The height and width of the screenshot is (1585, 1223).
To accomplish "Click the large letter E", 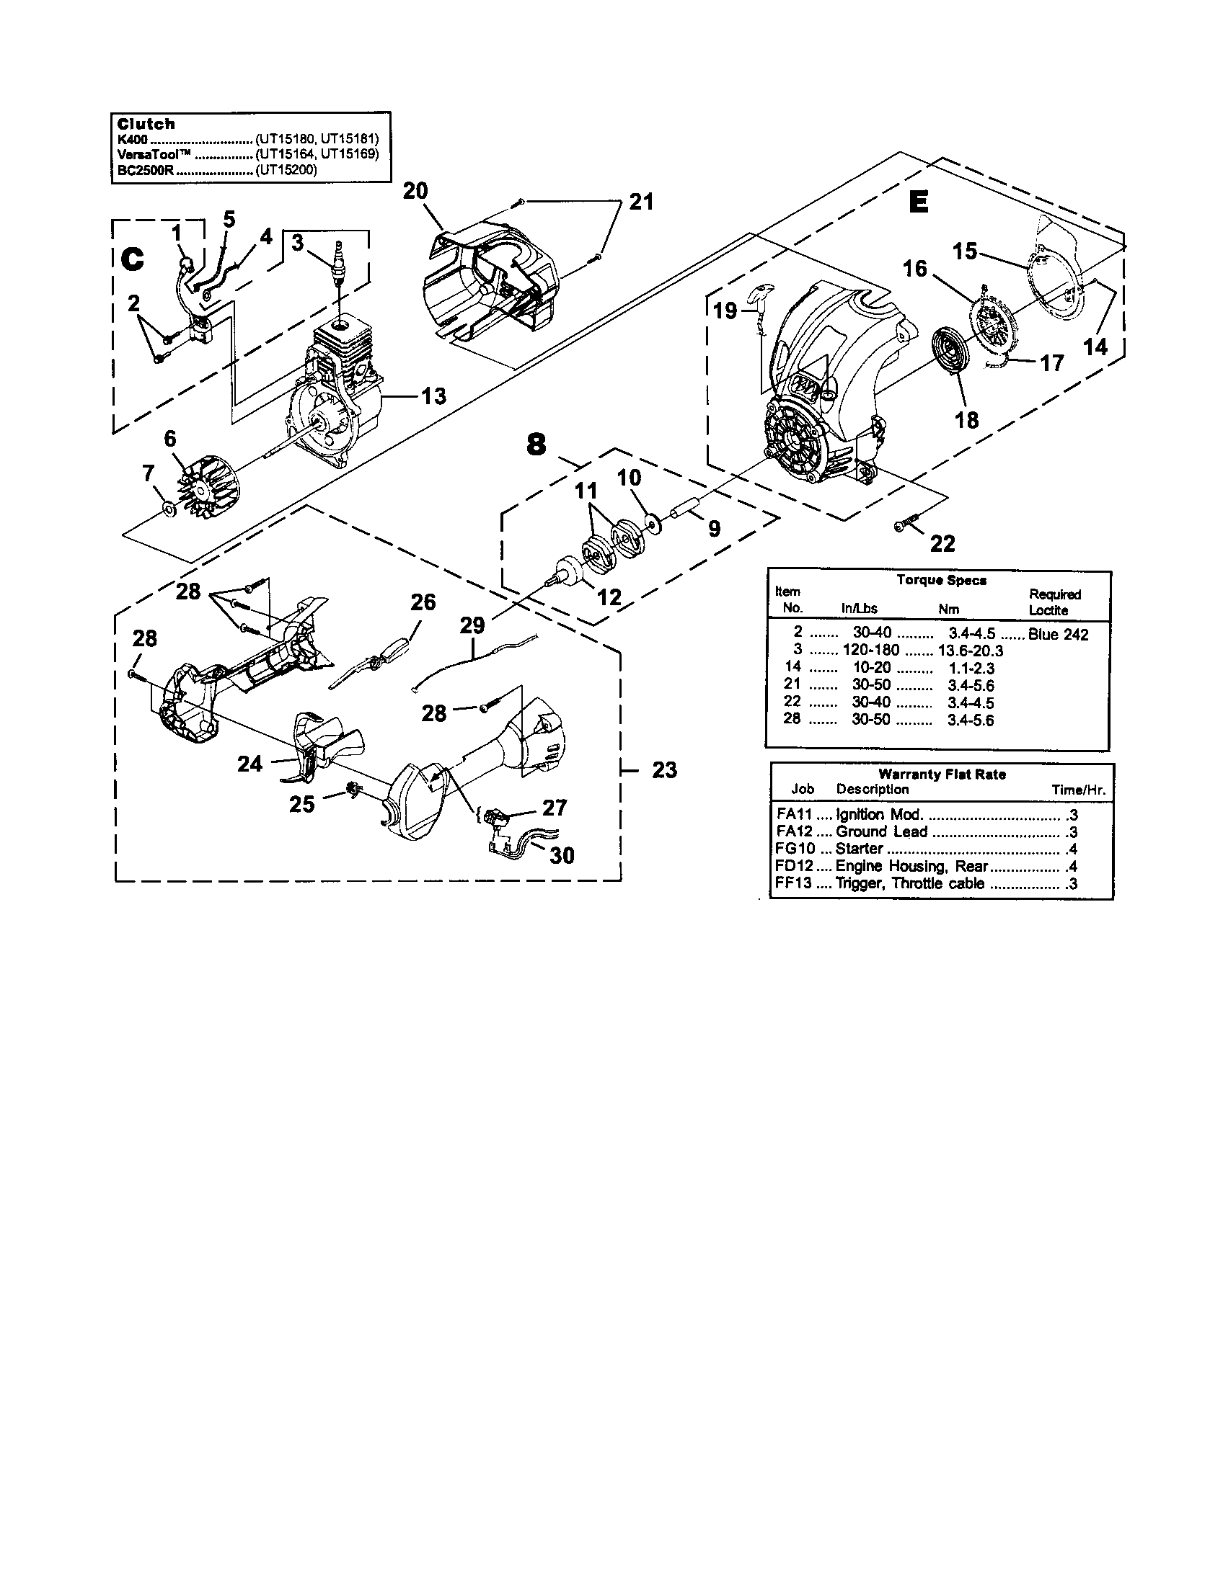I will point(918,202).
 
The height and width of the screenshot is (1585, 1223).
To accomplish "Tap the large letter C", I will point(133,259).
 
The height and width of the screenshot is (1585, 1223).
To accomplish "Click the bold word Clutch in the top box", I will point(146,124).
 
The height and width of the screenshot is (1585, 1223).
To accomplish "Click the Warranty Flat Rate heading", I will point(941,774).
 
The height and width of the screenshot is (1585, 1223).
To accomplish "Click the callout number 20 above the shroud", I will point(415,191).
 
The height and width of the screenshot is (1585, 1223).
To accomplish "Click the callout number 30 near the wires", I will point(562,856).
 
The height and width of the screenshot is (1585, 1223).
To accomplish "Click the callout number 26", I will point(423,602).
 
